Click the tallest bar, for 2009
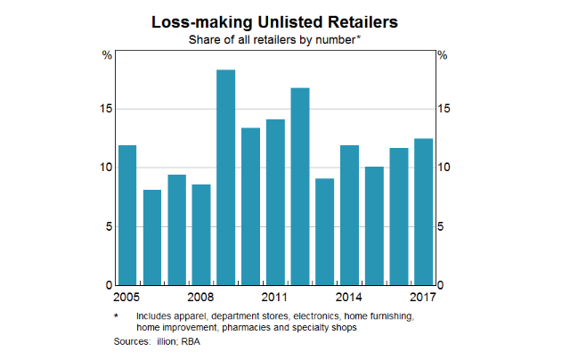226,177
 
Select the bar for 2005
127,215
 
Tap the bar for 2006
152,237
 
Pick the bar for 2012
300,186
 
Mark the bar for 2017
423,212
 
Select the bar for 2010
251,206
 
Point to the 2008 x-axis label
200,297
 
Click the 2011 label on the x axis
274,297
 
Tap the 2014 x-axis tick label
348,297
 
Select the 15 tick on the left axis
105,110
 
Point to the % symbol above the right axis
443,56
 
